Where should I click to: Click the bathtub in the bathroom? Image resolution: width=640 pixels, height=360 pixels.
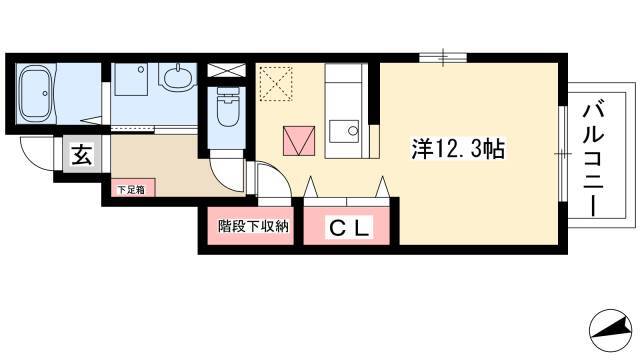pos(36,93)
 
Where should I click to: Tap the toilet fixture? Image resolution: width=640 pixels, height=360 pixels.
pos(228,107)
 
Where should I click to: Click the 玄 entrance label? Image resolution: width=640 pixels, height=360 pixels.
pos(82,155)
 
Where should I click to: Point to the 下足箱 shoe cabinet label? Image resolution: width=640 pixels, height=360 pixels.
pos(131,190)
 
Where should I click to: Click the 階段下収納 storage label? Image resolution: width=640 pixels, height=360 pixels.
pos(253,226)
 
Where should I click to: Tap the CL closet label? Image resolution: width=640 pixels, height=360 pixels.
pos(350,228)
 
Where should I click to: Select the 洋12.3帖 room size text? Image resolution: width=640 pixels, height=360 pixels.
pos(458,149)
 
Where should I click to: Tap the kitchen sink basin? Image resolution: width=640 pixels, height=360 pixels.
pos(344,131)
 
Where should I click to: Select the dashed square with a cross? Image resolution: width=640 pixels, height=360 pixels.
pos(276,84)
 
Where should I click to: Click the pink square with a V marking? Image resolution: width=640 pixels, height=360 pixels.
pos(299,140)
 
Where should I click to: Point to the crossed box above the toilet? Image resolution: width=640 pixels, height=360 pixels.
pos(227,70)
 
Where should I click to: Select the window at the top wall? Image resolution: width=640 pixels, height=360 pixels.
pos(443,58)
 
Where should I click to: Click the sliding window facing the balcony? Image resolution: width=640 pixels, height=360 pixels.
pos(562,153)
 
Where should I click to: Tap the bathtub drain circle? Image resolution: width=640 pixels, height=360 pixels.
pos(45,93)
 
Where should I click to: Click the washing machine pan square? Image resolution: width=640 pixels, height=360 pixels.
pos(131,79)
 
